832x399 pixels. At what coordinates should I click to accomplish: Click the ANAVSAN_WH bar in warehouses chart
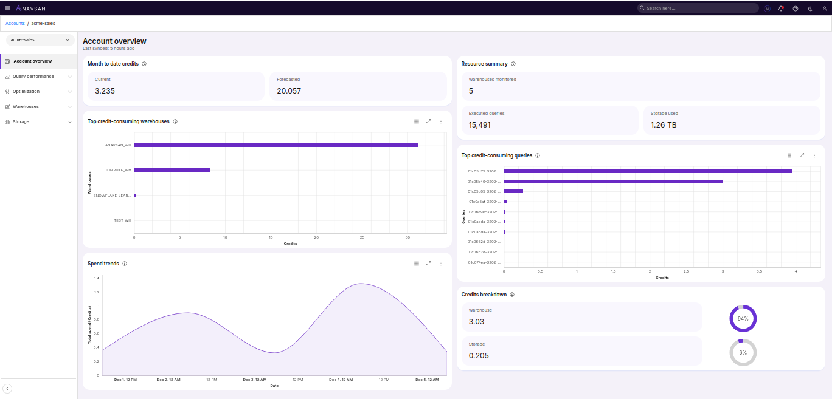(x=276, y=145)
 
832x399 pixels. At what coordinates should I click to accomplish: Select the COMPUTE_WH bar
(x=172, y=170)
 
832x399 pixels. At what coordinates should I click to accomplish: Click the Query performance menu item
(x=33, y=77)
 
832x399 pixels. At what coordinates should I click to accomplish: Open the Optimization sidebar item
(x=26, y=92)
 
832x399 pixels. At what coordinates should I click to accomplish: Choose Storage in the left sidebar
(x=21, y=122)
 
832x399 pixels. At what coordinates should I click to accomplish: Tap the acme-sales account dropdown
(x=40, y=39)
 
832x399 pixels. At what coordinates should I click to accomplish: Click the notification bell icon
(x=781, y=9)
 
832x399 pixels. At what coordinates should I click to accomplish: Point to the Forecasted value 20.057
(x=289, y=91)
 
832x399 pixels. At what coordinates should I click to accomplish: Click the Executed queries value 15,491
(x=479, y=125)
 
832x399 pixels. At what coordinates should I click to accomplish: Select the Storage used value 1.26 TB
(x=663, y=125)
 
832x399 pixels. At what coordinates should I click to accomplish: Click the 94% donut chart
(x=743, y=318)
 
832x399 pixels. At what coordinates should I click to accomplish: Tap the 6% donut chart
(x=743, y=353)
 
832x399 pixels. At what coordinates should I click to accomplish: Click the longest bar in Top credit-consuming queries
(x=647, y=171)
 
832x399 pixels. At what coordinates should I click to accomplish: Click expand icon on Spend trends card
(x=429, y=264)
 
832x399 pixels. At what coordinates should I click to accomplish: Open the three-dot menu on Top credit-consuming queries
(x=814, y=155)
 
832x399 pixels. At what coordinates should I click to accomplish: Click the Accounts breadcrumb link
(x=15, y=23)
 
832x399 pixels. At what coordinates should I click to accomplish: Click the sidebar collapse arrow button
(x=7, y=389)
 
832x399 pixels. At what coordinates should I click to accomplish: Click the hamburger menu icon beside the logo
(x=7, y=8)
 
